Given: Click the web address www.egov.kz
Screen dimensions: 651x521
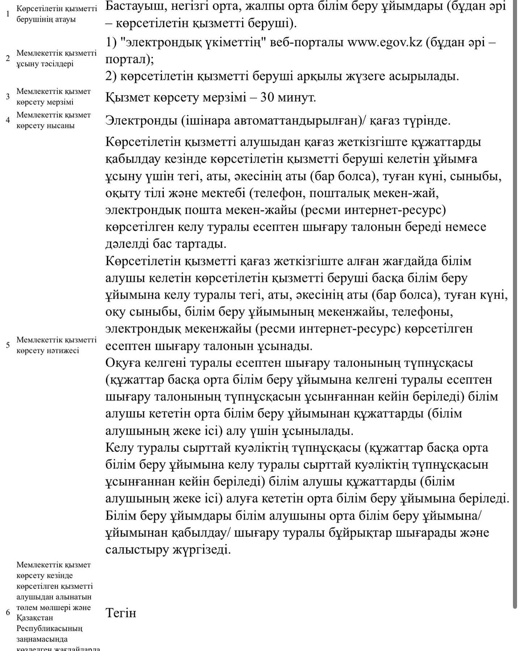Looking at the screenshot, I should [x=385, y=42].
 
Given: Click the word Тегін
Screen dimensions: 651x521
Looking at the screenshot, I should [x=121, y=613].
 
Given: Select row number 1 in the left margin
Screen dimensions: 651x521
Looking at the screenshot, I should [x=8, y=14].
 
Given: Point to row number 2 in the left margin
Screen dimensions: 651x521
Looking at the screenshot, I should [x=8, y=58].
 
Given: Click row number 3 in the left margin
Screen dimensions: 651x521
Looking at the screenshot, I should [x=8, y=97].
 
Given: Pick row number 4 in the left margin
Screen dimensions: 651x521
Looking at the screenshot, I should [x=8, y=120].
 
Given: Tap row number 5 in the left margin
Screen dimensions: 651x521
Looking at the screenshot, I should [x=8, y=345].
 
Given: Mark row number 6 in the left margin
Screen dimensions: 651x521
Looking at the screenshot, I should [x=8, y=613].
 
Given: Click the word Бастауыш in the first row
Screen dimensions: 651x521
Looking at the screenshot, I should [x=133, y=7].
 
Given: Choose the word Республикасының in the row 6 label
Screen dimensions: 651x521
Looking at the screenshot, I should [x=49, y=628].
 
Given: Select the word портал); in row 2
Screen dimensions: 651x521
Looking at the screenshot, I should [x=130, y=59].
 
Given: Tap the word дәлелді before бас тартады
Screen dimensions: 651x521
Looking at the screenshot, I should [x=127, y=244].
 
